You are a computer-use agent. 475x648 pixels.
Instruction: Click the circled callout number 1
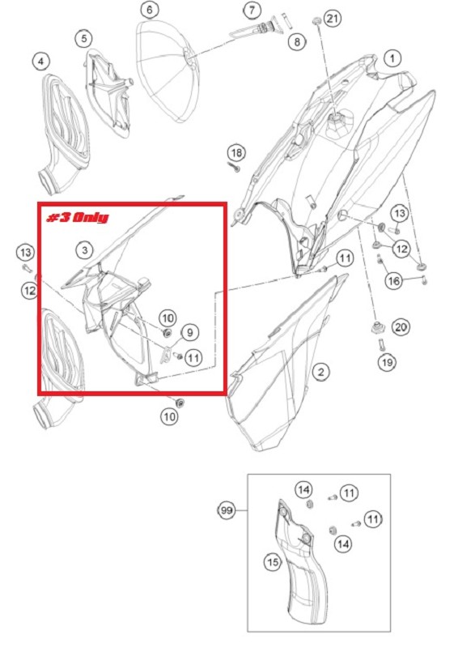click(x=392, y=58)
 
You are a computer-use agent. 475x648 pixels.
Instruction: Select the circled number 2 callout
click(x=321, y=372)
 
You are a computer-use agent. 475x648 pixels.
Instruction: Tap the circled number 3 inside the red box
click(x=85, y=250)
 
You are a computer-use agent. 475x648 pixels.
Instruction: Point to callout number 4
click(x=40, y=62)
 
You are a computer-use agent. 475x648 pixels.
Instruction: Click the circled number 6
click(x=150, y=10)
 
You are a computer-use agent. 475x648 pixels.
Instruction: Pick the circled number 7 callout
click(x=252, y=10)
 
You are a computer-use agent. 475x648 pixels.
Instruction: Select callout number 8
click(x=297, y=41)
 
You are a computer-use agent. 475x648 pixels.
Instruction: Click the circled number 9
click(x=190, y=332)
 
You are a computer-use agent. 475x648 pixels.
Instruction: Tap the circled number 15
click(x=273, y=562)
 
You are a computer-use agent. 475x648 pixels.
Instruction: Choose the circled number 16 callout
click(x=394, y=281)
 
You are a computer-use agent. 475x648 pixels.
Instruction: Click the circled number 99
click(x=226, y=510)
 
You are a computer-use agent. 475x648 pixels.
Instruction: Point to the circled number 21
click(x=333, y=19)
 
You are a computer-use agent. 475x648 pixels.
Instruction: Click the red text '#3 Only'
click(x=77, y=217)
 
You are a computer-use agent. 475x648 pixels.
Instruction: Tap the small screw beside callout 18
click(x=235, y=167)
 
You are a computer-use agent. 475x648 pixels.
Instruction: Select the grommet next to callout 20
click(x=377, y=329)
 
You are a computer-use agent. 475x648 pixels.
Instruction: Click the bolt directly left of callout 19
click(x=381, y=343)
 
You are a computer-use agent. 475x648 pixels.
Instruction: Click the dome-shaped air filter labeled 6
click(x=167, y=71)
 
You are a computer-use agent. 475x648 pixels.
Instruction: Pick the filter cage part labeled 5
click(x=109, y=93)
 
